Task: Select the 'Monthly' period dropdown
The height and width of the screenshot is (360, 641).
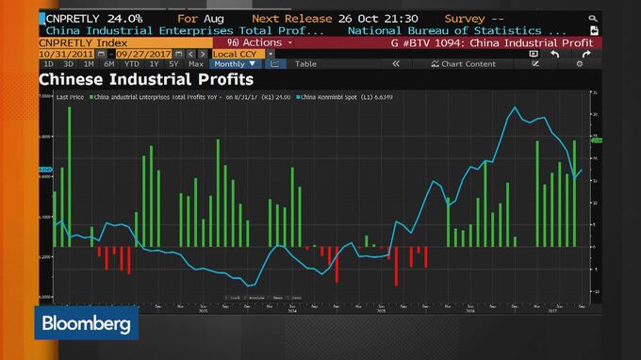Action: pos(236,64)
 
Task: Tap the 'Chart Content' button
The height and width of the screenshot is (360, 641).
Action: pos(463,64)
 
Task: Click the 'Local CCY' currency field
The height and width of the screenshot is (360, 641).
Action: pos(237,54)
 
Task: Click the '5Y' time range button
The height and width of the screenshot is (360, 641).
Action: pos(173,64)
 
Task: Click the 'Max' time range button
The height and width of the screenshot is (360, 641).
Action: pos(195,64)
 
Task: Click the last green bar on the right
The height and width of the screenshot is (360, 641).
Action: pos(573,193)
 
